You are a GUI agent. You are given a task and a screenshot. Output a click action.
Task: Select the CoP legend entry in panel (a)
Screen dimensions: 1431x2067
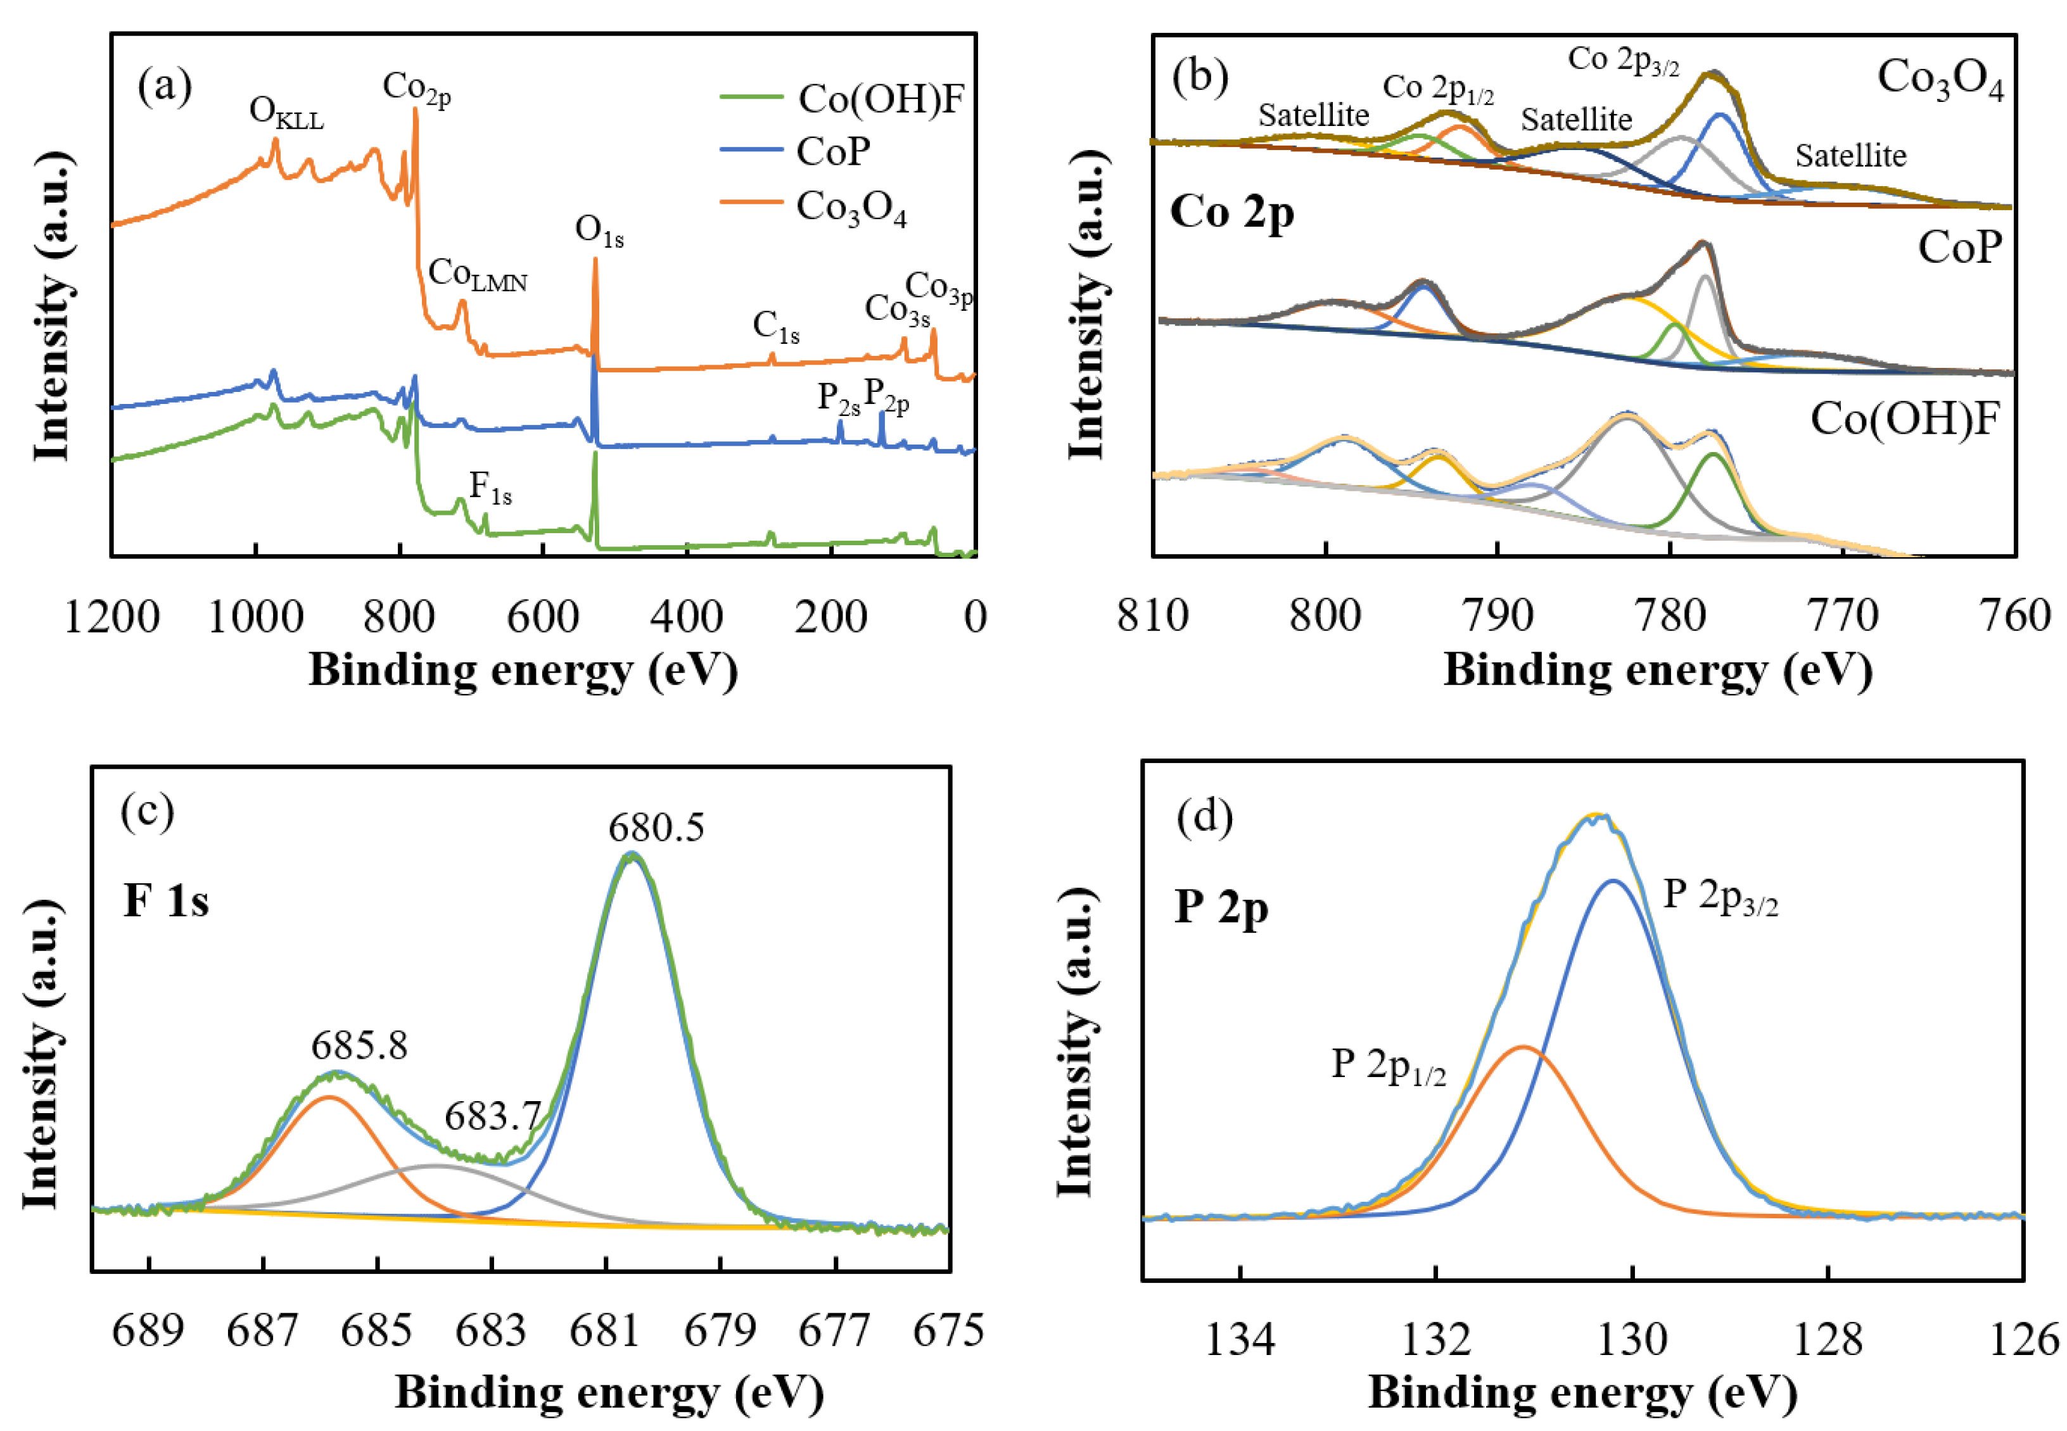click(832, 151)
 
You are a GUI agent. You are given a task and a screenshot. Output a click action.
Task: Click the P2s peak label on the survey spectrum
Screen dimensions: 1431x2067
click(839, 398)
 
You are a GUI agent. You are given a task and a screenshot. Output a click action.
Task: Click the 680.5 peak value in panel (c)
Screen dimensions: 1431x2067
click(656, 828)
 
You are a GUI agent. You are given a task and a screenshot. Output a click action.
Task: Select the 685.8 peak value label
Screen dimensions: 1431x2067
click(360, 1045)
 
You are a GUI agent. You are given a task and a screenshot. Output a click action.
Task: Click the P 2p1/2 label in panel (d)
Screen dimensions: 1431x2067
click(1388, 1066)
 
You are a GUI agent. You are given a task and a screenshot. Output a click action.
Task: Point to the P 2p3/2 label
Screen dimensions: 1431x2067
click(1720, 897)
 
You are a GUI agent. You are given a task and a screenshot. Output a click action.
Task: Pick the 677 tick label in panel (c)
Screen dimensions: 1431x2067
click(834, 1330)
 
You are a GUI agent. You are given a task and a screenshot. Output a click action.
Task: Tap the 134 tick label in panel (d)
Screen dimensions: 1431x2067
click(1240, 1340)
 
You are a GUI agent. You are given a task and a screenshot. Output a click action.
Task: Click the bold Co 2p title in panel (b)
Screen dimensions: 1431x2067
click(1232, 213)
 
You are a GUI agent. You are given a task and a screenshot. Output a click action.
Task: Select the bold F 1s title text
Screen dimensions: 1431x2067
click(166, 900)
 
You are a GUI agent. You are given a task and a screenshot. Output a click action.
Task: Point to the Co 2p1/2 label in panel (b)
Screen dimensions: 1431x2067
click(1437, 88)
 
